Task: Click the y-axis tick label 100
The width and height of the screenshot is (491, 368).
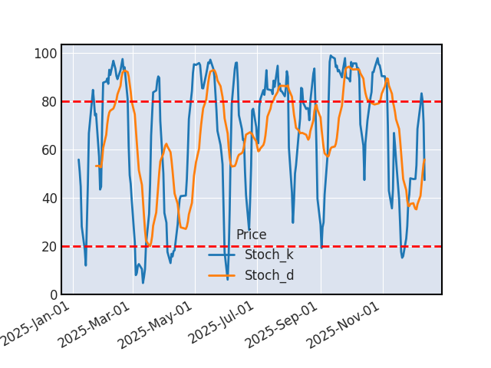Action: (x=44, y=54)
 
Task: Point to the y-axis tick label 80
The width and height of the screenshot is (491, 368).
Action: (x=48, y=102)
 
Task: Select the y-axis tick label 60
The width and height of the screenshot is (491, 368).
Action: (x=48, y=150)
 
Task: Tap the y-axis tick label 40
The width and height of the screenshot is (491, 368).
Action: (x=48, y=199)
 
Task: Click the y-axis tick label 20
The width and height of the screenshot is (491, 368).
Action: (x=48, y=247)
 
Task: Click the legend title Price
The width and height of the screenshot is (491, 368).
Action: (x=251, y=235)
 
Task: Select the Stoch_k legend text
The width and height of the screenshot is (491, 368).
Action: (x=269, y=255)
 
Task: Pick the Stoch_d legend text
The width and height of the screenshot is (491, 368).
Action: (x=269, y=275)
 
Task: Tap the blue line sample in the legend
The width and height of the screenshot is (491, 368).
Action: (x=222, y=255)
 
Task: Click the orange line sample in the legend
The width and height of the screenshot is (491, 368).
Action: (x=222, y=276)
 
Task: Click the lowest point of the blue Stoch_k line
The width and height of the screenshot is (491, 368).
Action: (x=143, y=283)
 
